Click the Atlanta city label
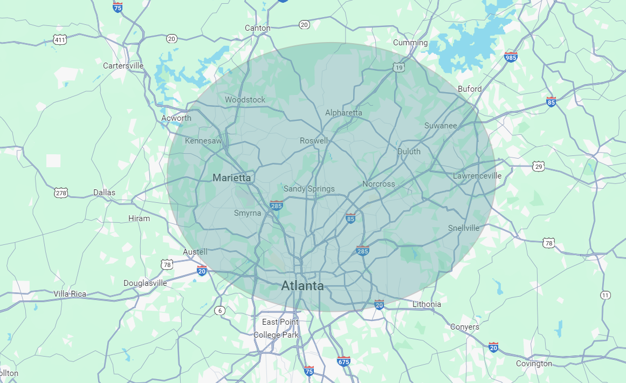(302, 286)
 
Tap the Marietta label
(231, 177)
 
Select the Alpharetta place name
(343, 113)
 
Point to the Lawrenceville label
(477, 176)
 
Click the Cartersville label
(123, 66)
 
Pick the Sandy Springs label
(309, 189)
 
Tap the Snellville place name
(464, 228)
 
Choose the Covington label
(534, 364)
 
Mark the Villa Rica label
(70, 294)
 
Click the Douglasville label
(145, 283)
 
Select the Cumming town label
(410, 43)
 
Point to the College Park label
(276, 335)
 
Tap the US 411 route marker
(60, 40)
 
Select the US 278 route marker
(61, 193)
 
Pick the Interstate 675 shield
(343, 361)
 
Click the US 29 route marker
(538, 167)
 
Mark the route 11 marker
(606, 295)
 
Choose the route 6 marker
(219, 310)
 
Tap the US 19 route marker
(398, 67)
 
